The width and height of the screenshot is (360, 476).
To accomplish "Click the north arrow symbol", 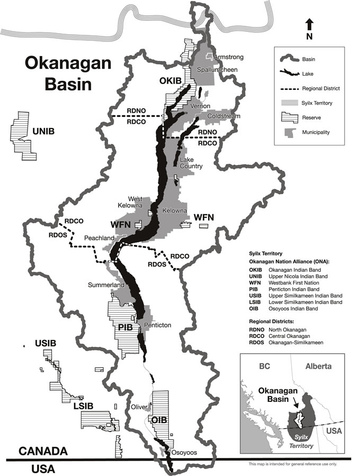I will click(x=310, y=24).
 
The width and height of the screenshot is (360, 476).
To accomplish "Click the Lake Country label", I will click(x=191, y=163).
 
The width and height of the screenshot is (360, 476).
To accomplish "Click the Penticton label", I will click(x=157, y=325).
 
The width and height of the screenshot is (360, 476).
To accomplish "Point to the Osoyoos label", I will click(x=182, y=453).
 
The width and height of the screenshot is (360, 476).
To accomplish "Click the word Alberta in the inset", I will click(x=319, y=366).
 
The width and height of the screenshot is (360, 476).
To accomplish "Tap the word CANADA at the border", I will click(x=43, y=451).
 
